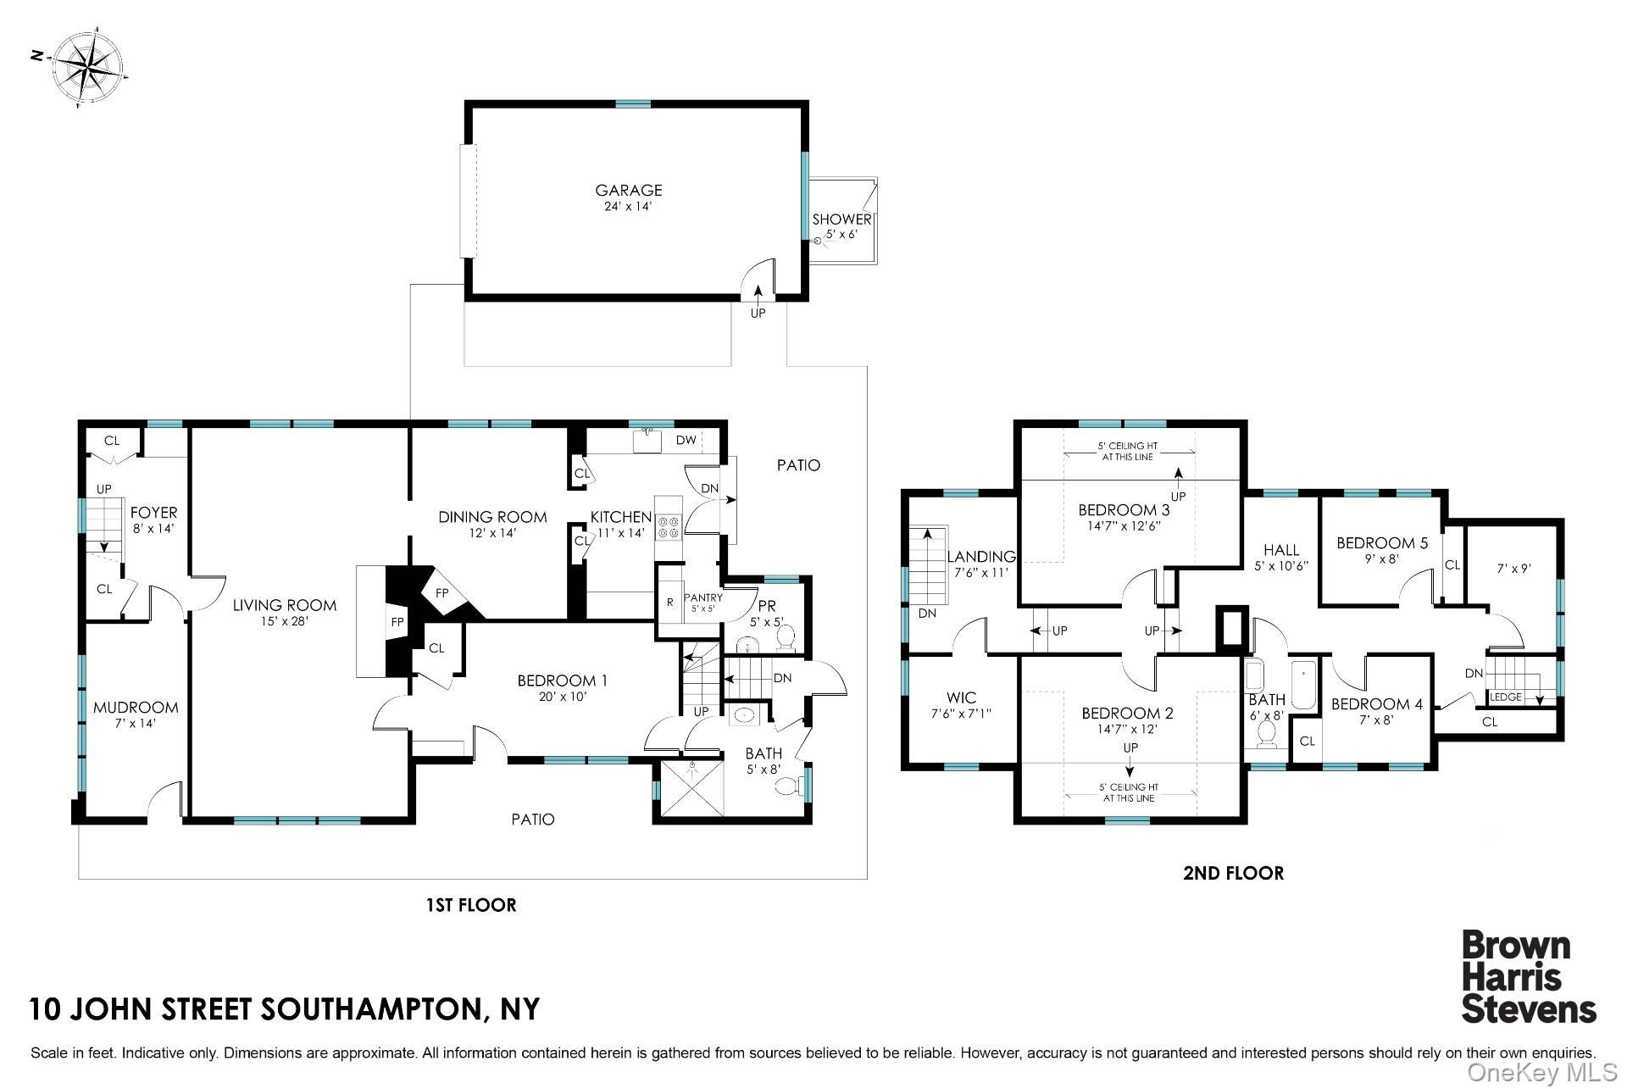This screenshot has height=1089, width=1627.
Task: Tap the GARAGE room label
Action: [x=628, y=191]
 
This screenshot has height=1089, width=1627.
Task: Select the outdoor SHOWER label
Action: [x=841, y=219]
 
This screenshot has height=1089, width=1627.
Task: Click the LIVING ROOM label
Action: [x=285, y=605]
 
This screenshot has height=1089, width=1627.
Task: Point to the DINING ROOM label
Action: [x=492, y=517]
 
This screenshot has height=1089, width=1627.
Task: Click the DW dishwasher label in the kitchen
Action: [x=686, y=440]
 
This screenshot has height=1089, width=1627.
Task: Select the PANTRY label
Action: [x=703, y=597]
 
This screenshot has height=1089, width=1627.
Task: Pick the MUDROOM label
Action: [x=136, y=708]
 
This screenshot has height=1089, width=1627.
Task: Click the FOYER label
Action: [x=153, y=513]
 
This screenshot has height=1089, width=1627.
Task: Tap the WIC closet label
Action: [x=961, y=698]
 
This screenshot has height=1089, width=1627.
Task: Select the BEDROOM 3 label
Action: [x=1124, y=510]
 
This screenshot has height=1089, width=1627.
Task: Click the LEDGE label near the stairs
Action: [x=1506, y=697]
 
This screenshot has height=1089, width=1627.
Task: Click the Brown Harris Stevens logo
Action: [x=1529, y=977]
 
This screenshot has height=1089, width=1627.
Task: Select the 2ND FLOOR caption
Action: [x=1233, y=873]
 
